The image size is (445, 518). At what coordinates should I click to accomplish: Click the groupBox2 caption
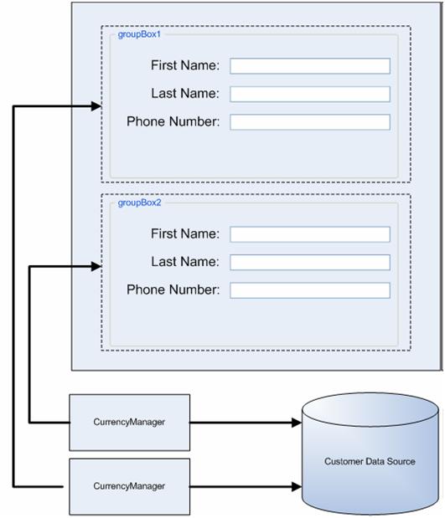pos(133,203)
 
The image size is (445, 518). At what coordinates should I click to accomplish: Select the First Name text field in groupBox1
pos(310,66)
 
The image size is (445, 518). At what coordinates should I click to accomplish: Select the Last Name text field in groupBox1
pos(310,94)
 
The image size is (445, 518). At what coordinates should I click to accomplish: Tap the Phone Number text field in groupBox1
pos(310,122)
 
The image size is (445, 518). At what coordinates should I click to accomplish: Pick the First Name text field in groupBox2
pos(310,234)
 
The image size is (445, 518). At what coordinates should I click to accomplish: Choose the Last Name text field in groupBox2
pos(310,262)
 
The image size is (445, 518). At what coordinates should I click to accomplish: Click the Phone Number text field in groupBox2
pos(310,290)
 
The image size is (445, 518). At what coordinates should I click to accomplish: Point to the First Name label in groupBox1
pos(185,65)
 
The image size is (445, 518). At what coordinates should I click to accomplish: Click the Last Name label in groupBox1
pos(185,94)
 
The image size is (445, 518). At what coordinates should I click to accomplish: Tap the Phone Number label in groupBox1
pos(173,122)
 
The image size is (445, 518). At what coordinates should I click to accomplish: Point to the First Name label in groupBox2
pos(185,233)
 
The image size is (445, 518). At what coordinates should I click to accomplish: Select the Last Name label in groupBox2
pos(185,262)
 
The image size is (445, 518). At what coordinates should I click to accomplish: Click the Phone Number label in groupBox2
pos(173,290)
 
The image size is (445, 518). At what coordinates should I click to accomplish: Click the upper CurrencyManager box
pos(129,423)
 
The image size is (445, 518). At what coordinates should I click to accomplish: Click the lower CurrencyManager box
pos(129,486)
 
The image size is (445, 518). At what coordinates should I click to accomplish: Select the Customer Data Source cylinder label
pos(370,461)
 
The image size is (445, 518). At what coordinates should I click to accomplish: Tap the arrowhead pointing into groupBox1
pos(96,106)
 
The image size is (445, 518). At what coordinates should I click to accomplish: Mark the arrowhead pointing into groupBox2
pos(96,267)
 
